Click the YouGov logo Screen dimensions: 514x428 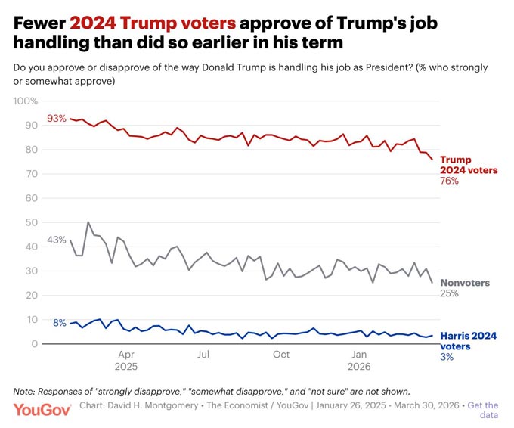[x=42, y=410]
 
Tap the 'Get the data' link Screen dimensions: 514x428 [x=482, y=410]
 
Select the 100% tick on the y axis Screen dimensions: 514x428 [x=26, y=101]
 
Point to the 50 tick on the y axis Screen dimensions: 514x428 [x=32, y=222]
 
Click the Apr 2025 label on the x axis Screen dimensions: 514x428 [x=126, y=360]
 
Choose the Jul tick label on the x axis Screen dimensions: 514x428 [x=203, y=355]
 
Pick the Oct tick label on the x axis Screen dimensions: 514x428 [x=281, y=355]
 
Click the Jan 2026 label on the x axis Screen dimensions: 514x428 [x=359, y=360]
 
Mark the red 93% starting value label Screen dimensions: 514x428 [x=57, y=119]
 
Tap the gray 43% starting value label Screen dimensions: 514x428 [x=57, y=240]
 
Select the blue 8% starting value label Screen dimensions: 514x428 [x=60, y=323]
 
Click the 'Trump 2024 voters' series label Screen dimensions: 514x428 [x=469, y=165]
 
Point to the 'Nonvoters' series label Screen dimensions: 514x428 [x=465, y=283]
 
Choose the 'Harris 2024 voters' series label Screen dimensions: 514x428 [x=468, y=341]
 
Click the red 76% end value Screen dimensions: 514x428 [x=450, y=181]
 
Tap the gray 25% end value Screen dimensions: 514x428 [x=450, y=293]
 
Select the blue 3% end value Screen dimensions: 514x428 [x=447, y=357]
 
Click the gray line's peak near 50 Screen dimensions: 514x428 [x=88, y=222]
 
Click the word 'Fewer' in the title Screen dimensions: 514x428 [x=39, y=23]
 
